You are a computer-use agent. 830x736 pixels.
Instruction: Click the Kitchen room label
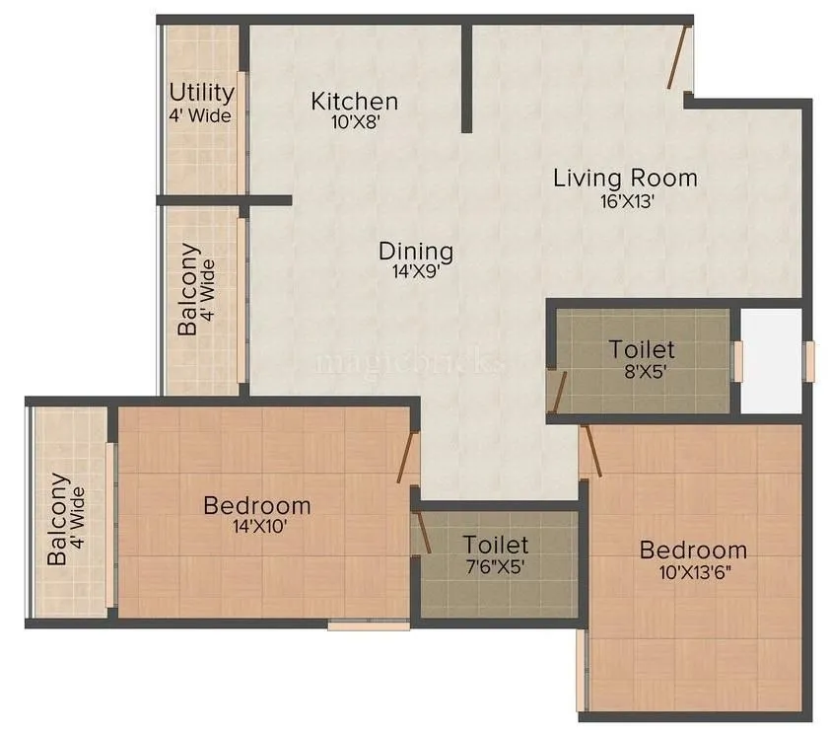tap(354, 101)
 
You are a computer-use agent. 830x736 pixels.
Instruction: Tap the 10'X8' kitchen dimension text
tap(354, 122)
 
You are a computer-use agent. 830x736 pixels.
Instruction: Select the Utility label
tap(201, 93)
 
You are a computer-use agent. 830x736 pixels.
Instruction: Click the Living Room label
tap(625, 179)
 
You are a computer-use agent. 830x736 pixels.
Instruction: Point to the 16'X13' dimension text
tap(625, 200)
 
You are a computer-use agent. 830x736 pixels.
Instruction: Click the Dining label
tap(416, 252)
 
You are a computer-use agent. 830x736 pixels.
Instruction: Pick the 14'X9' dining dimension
tap(416, 272)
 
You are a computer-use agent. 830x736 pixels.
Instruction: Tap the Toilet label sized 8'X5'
tap(642, 349)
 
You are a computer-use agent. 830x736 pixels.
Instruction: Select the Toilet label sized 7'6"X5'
tap(496, 545)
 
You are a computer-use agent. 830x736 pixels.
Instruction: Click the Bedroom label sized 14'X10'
tap(256, 506)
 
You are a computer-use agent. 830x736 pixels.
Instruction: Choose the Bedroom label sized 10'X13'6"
tap(693, 551)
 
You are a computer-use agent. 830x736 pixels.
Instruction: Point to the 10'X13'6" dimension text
tap(693, 572)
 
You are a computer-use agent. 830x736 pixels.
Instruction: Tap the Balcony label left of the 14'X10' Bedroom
tap(58, 519)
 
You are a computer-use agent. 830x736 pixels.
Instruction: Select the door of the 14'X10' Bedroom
tap(408, 457)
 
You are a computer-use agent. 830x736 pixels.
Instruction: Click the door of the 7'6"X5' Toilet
tap(423, 529)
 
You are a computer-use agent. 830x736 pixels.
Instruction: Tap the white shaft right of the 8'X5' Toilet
tap(771, 361)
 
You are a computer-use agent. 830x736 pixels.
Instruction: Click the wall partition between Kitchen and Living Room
tap(467, 79)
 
